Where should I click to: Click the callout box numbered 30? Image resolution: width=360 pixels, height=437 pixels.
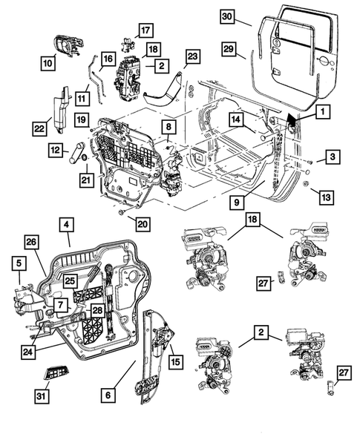[x=227, y=16]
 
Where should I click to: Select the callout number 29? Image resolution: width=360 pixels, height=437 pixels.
[x=228, y=48]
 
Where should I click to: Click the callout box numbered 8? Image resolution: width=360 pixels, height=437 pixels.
[x=168, y=127]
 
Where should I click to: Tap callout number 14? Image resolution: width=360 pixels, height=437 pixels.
[x=235, y=119]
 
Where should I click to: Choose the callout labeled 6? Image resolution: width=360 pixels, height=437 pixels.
[x=108, y=396]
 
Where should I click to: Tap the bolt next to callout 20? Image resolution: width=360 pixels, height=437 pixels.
[x=120, y=212]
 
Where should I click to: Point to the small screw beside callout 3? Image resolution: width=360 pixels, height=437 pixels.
[x=308, y=161]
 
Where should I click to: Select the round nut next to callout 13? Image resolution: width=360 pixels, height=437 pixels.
[x=306, y=183]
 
